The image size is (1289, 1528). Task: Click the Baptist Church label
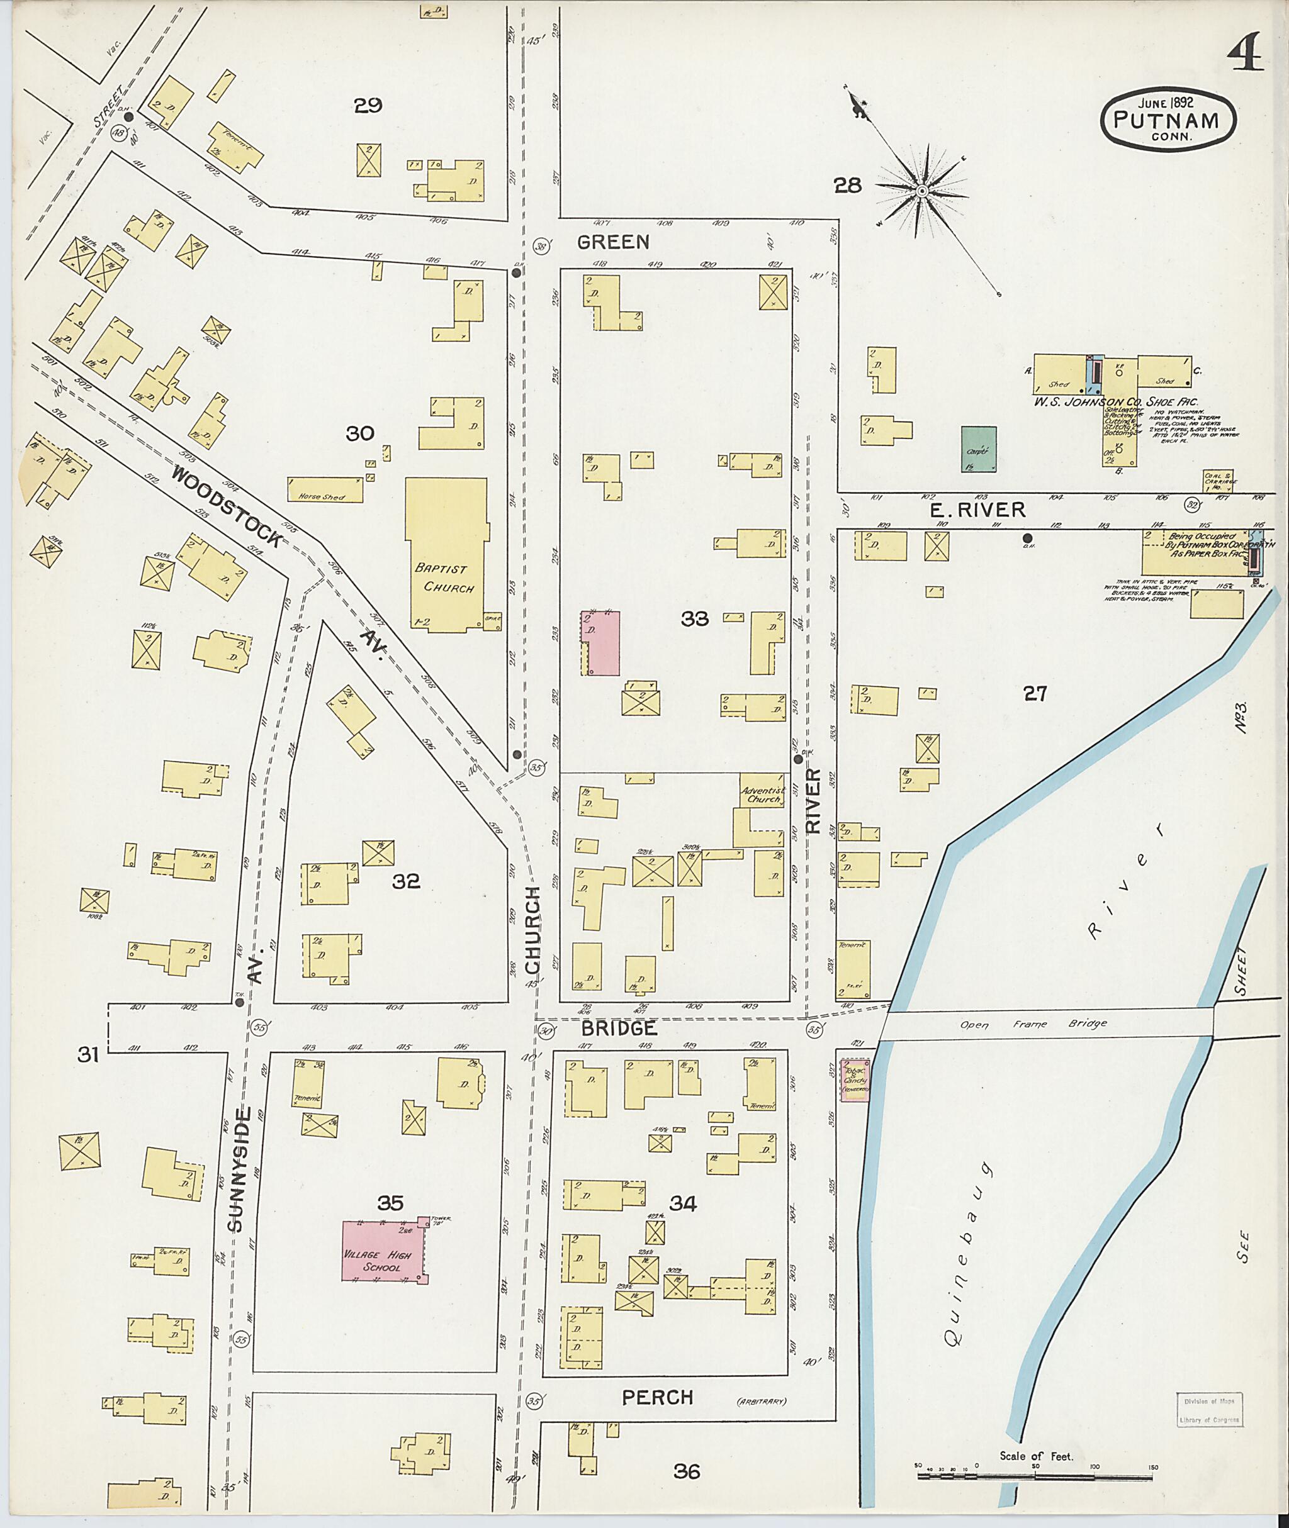pyautogui.click(x=445, y=577)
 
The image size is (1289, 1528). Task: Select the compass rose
pyautogui.click(x=922, y=191)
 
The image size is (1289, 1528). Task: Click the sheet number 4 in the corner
pyautogui.click(x=1245, y=53)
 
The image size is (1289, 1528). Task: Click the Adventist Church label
pyautogui.click(x=762, y=795)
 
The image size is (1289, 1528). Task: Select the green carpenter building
pyautogui.click(x=979, y=449)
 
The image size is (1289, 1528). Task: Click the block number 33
pyautogui.click(x=694, y=618)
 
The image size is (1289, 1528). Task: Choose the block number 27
pyautogui.click(x=1035, y=693)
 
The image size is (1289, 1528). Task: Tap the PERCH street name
pyautogui.click(x=657, y=1398)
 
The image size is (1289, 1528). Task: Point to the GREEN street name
pyautogui.click(x=612, y=242)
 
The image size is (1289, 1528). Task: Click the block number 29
pyautogui.click(x=368, y=106)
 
